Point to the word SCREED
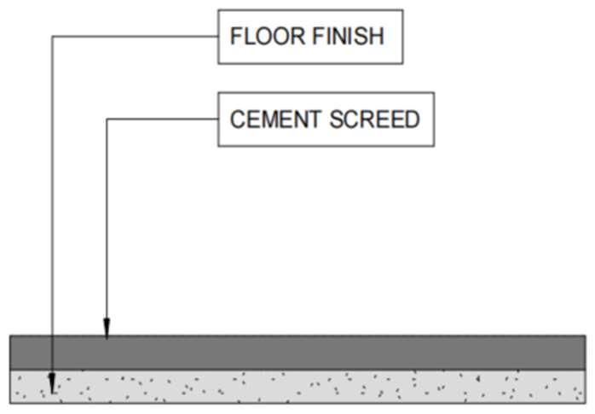[x=372, y=119]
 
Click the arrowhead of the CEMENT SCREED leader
[x=107, y=329]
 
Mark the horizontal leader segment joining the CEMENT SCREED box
[x=162, y=119]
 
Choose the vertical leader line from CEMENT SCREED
[x=107, y=222]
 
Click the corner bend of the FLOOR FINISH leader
[x=53, y=37]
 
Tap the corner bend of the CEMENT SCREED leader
[x=107, y=119]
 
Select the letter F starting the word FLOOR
[x=236, y=37]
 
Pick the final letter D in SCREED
[x=412, y=119]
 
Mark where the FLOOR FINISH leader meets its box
[x=218, y=37]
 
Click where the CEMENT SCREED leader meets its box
[x=218, y=119]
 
